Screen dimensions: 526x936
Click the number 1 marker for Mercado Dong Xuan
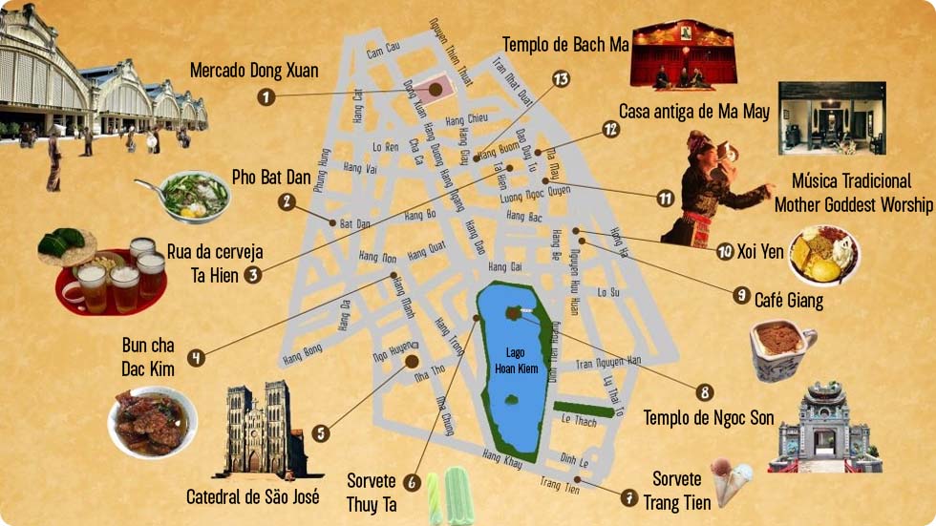pos(266,95)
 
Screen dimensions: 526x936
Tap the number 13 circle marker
pos(561,78)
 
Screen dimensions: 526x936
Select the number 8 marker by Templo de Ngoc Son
pos(705,391)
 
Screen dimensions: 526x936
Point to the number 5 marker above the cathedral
pos(321,432)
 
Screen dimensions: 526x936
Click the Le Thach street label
pos(578,420)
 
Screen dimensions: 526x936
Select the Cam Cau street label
pos(383,48)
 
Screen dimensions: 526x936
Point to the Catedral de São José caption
pos(253,496)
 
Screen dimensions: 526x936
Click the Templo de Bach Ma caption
pos(565,44)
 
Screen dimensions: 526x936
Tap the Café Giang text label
pos(788,301)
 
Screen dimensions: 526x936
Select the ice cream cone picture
pos(731,480)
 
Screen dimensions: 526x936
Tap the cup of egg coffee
pos(781,347)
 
